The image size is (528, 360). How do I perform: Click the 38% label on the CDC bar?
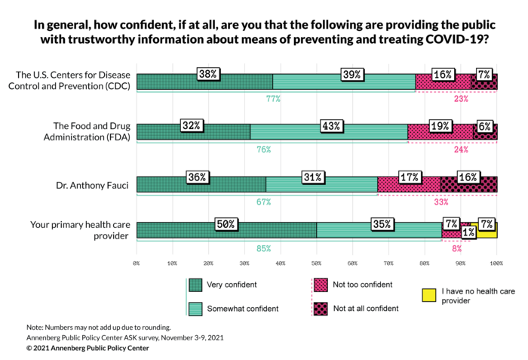click(x=208, y=74)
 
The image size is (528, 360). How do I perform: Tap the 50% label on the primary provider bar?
click(x=226, y=224)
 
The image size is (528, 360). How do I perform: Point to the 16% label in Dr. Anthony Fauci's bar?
click(x=468, y=177)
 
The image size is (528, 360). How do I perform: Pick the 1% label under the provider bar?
click(x=469, y=233)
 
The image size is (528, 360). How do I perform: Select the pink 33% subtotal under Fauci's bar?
click(x=462, y=202)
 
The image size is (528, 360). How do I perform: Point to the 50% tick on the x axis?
click(x=316, y=263)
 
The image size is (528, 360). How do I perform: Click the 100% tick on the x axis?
click(x=496, y=263)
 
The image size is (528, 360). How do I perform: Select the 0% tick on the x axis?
click(x=137, y=263)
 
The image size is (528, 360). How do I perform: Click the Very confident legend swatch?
click(x=195, y=285)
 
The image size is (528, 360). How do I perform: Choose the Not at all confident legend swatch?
click(x=320, y=308)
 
